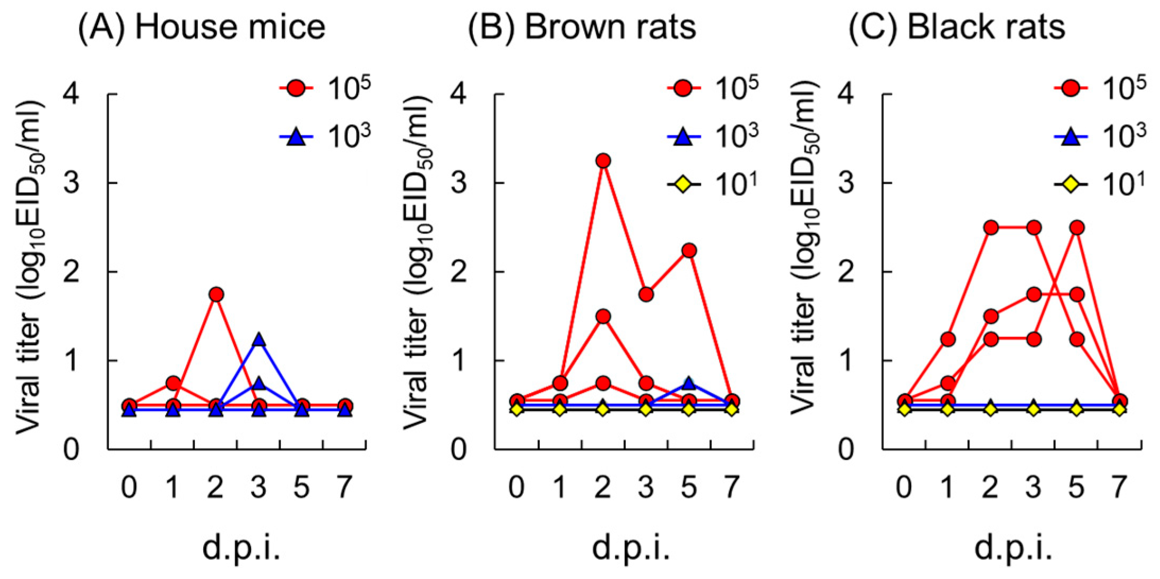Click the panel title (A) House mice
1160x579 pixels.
(202, 27)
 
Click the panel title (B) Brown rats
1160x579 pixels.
(582, 27)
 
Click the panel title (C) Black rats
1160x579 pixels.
(957, 27)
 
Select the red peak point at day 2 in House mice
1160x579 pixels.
(215, 295)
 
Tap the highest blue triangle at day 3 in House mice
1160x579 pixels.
(258, 340)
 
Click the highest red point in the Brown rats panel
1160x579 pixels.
(603, 161)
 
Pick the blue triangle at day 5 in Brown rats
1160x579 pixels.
(689, 383)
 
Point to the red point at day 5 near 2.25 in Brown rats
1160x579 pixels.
(689, 250)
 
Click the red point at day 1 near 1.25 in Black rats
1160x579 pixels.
(947, 339)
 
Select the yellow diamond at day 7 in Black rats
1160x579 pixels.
(1119, 409)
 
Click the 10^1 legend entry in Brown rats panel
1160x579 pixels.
(714, 184)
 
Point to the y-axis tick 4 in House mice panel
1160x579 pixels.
(71, 94)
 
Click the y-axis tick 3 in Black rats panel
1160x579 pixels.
(846, 183)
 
